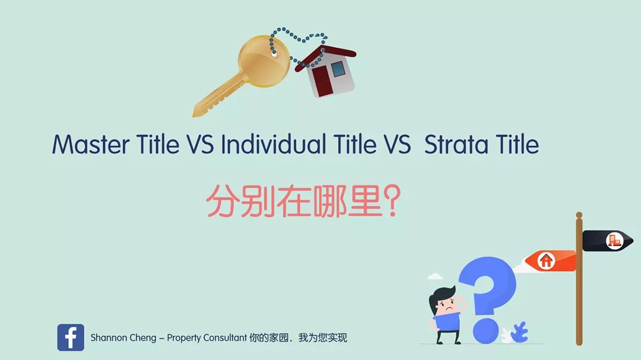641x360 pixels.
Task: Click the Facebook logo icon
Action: click(x=71, y=337)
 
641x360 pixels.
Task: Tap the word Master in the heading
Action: click(x=91, y=144)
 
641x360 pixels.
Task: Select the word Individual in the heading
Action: click(x=274, y=144)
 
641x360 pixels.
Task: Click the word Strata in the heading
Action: click(x=456, y=144)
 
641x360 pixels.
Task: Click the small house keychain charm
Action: click(x=327, y=72)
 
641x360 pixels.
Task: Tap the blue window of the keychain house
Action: click(x=338, y=69)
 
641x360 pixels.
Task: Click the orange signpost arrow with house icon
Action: click(x=550, y=261)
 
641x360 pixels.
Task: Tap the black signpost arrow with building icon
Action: click(x=608, y=241)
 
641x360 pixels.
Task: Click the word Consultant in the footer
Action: click(x=225, y=337)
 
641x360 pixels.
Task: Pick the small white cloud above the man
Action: click(x=434, y=276)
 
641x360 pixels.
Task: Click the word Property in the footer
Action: click(x=184, y=338)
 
